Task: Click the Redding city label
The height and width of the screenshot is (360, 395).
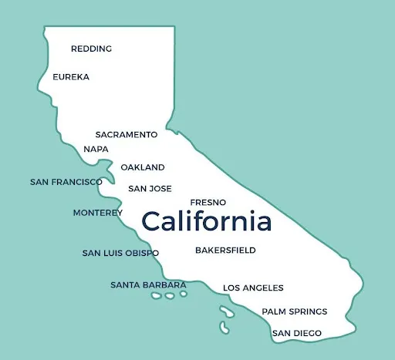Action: click(91, 49)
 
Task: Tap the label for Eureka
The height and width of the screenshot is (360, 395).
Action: click(71, 77)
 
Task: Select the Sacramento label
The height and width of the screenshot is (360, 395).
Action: click(127, 134)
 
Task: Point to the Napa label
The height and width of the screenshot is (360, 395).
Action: click(96, 149)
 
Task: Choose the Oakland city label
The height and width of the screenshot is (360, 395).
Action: click(143, 167)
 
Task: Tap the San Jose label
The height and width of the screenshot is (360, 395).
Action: click(150, 188)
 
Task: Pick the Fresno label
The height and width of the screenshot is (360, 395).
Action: click(208, 202)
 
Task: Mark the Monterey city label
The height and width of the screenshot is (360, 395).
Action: click(98, 213)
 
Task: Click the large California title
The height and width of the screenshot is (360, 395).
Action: click(207, 222)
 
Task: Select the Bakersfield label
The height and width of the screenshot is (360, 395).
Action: click(225, 251)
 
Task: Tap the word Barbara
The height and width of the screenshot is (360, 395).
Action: click(164, 285)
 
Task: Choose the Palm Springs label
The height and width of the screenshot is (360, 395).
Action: click(295, 311)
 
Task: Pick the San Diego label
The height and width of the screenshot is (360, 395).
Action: click(297, 333)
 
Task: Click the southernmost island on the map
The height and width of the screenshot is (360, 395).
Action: click(225, 328)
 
